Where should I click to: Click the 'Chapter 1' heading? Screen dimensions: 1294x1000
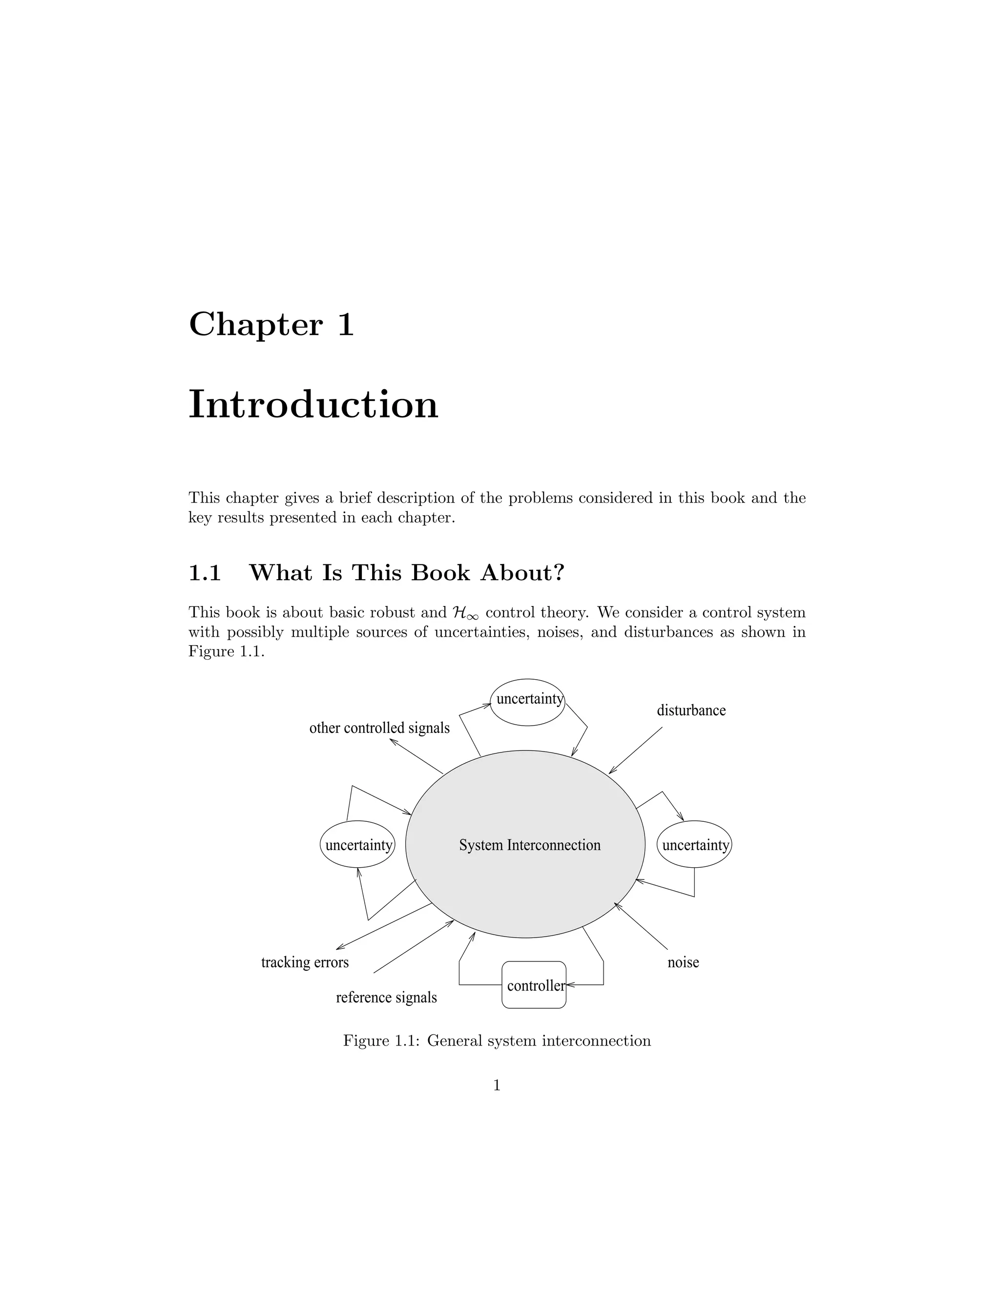click(271, 325)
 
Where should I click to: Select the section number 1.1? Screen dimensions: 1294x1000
click(205, 573)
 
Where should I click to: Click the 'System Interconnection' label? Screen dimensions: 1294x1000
click(530, 845)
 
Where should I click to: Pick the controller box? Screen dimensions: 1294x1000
click(534, 985)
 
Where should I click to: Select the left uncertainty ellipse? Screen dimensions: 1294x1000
click(358, 844)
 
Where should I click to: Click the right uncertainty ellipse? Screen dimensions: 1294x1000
click(694, 844)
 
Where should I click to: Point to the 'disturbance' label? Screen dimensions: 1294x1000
click(691, 710)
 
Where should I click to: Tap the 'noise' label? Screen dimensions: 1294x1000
click(683, 962)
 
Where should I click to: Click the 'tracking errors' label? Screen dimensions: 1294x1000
click(305, 962)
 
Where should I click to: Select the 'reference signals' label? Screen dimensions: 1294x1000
click(386, 998)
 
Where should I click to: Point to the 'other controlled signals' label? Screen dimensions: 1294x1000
click(379, 728)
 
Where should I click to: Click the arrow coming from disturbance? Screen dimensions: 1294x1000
click(636, 750)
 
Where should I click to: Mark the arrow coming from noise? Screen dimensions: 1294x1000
click(641, 925)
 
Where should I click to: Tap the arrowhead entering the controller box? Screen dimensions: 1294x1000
click(570, 985)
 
